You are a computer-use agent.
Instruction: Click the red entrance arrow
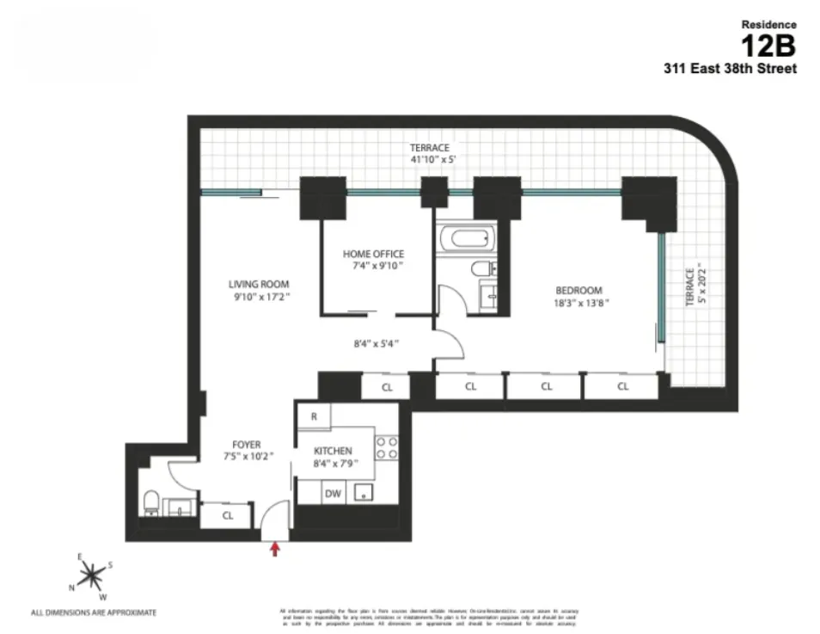tap(275, 549)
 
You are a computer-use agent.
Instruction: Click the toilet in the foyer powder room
tap(151, 502)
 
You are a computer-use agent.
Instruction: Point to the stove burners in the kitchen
tap(387, 447)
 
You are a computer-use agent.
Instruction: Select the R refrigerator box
tap(314, 415)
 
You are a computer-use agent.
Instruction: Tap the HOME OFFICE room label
tap(373, 254)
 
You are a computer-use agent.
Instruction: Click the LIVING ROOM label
tap(259, 284)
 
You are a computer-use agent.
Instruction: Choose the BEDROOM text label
tap(578, 290)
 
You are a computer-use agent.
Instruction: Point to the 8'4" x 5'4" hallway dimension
tap(376, 344)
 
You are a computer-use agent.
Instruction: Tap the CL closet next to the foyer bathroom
tap(227, 516)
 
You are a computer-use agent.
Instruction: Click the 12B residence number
tap(768, 45)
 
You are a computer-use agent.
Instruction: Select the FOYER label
tap(246, 445)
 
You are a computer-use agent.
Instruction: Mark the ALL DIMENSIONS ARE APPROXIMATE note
tap(94, 613)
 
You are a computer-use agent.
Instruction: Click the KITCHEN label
tap(333, 451)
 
